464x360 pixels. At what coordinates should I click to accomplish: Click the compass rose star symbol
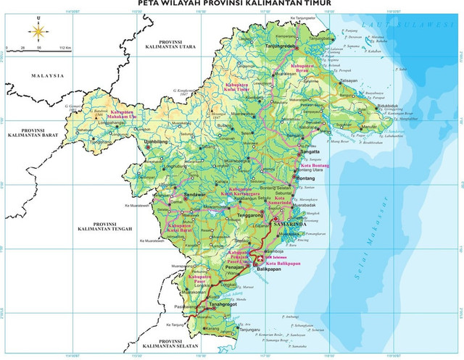point(36,31)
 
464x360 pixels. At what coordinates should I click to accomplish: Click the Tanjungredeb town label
point(282,45)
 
